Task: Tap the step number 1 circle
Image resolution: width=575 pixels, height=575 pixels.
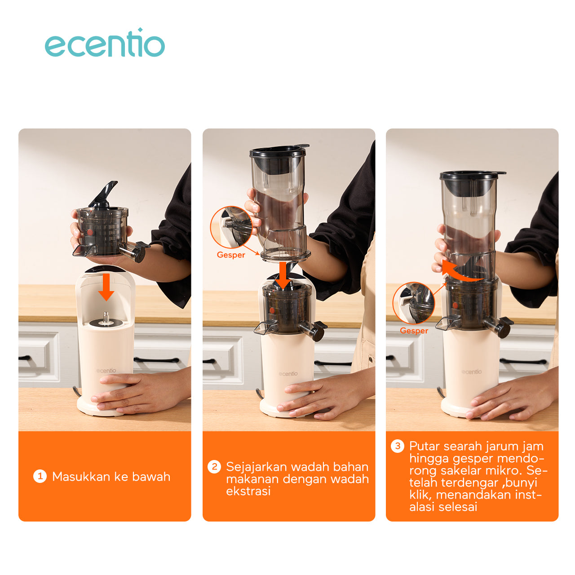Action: coord(40,477)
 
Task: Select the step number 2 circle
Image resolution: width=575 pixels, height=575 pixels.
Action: coord(214,467)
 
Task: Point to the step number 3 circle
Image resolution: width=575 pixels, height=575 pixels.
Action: coord(398,446)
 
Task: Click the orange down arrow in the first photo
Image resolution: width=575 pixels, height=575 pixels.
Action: coord(106,287)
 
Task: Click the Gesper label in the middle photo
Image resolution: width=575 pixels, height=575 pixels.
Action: coord(230,255)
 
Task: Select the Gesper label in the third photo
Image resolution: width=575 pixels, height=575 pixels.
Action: coord(414,331)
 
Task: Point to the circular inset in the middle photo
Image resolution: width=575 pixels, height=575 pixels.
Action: coord(231,227)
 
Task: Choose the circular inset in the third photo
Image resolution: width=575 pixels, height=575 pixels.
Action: coord(414,303)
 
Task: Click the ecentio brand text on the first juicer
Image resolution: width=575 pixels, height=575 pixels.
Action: coord(106,371)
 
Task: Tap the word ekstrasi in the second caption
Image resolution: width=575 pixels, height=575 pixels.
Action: coord(248,491)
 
